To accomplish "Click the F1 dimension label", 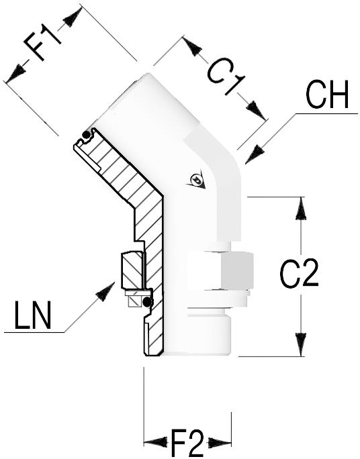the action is tap(42, 42).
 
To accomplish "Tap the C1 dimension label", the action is tap(226, 79).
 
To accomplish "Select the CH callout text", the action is tap(327, 94).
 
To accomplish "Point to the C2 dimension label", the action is tap(299, 273).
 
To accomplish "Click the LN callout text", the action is tap(32, 315).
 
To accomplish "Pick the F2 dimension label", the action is tap(187, 443).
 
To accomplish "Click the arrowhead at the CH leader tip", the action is tap(255, 154).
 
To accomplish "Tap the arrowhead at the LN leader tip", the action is tap(105, 291).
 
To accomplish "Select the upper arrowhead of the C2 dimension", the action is tap(300, 209).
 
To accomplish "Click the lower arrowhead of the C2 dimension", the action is tap(300, 344).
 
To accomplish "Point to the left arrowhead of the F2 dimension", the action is tap(156, 442).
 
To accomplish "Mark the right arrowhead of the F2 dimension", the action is tap(220, 442).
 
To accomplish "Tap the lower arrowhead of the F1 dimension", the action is tap(15, 73).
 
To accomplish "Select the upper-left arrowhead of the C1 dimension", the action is tap(193, 46).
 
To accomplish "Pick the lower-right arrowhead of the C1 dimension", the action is tap(256, 111).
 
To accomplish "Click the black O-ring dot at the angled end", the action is tap(86, 135).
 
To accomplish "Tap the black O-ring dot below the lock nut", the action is tap(146, 302).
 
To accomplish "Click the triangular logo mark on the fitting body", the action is tap(196, 179).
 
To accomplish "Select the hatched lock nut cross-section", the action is tap(133, 270).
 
